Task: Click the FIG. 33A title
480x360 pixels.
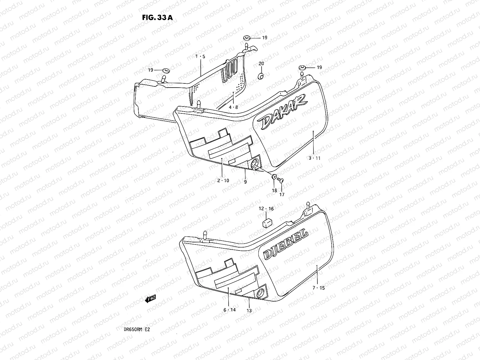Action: tap(157, 17)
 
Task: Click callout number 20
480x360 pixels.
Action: tap(261, 64)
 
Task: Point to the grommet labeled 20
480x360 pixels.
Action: tap(261, 76)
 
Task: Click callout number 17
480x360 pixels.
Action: tap(282, 194)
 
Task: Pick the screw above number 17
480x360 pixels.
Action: tap(281, 180)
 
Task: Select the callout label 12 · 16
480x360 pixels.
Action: tap(266, 208)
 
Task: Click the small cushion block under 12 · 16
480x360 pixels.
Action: tap(267, 223)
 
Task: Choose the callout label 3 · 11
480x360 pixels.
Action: tap(314, 158)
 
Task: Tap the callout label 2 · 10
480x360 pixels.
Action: tap(223, 181)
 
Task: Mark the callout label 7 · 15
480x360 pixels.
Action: tap(318, 288)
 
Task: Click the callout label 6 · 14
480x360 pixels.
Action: tap(229, 310)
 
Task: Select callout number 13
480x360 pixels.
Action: tap(249, 311)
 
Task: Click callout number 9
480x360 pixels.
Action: tap(245, 182)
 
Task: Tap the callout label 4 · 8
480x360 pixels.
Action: tap(234, 107)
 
